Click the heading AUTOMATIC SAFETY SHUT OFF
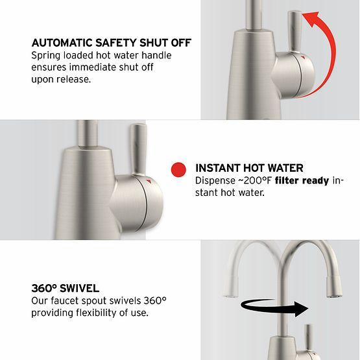[x=111, y=43]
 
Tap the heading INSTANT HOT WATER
[x=249, y=167]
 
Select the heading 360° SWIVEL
[x=66, y=287]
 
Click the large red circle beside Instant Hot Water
[x=178, y=170]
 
